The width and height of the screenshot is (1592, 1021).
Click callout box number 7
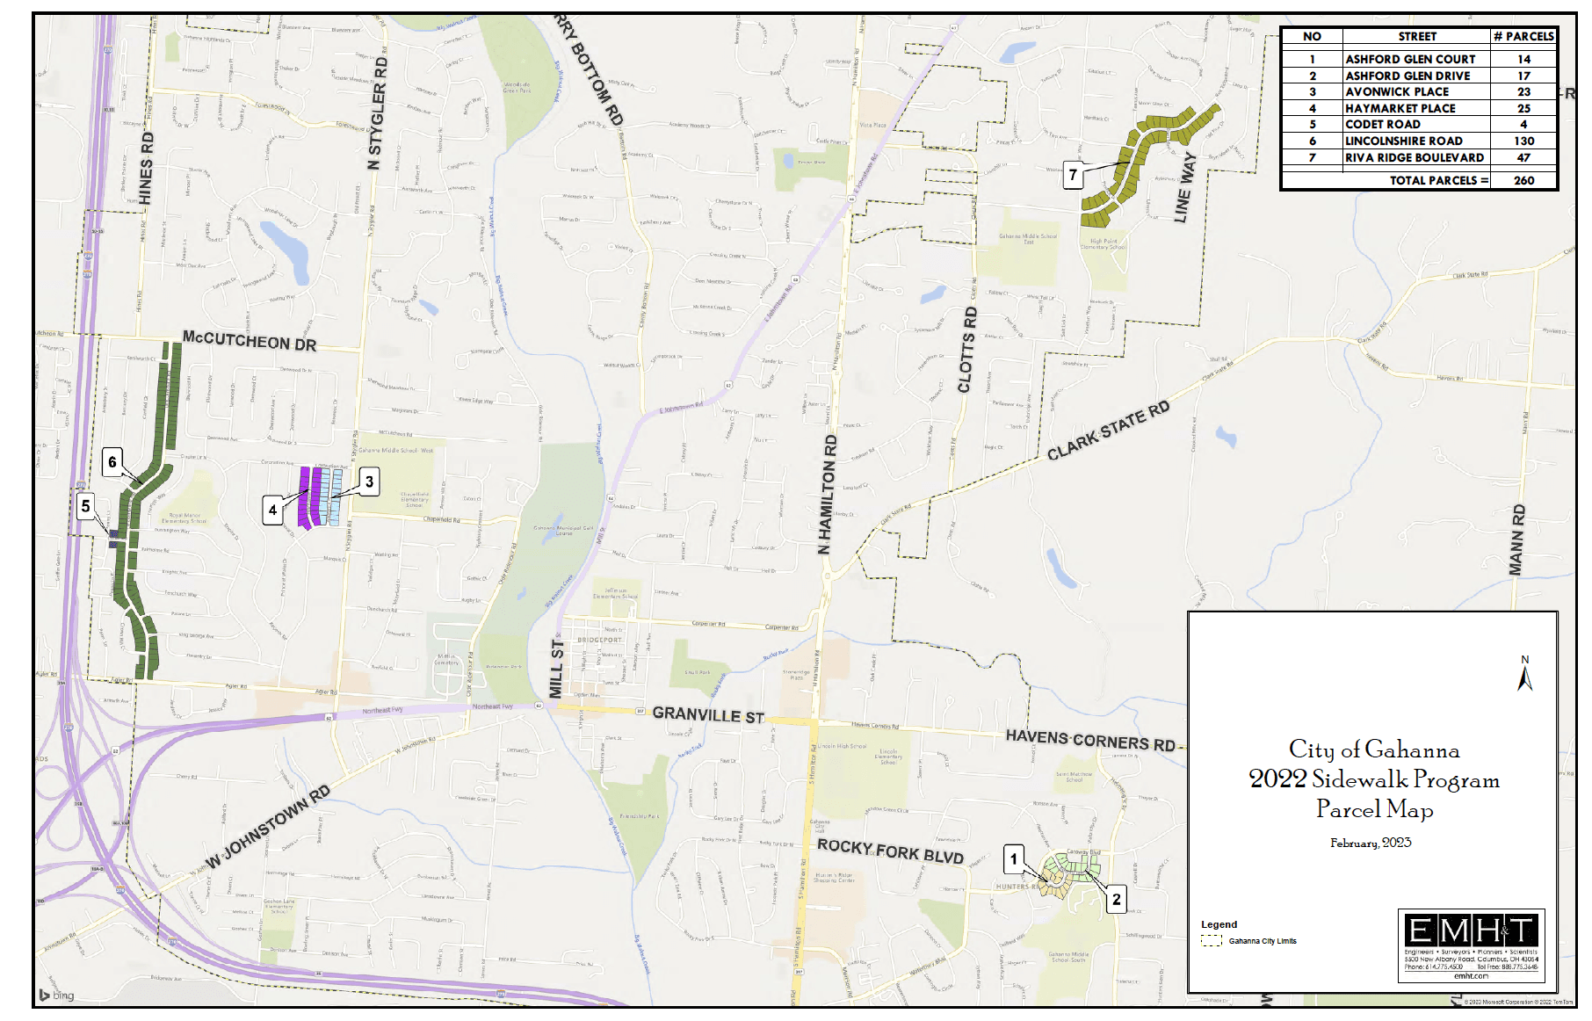(1073, 175)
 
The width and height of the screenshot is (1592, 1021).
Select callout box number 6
(112, 462)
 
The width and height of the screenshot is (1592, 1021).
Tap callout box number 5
(85, 506)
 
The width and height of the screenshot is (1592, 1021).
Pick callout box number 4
(273, 510)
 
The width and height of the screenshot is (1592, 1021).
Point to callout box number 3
(369, 482)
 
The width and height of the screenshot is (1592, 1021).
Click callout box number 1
(1014, 859)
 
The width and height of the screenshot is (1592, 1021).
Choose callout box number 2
(1116, 899)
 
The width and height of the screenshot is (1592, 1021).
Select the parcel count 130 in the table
(1523, 141)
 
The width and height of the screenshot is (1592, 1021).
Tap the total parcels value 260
(1523, 180)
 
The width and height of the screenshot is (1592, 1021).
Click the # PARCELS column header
(1523, 36)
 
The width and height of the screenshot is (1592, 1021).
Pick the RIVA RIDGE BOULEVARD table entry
(1415, 157)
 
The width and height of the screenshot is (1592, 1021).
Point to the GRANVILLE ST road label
(708, 715)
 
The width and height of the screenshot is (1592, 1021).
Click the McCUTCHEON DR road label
(250, 341)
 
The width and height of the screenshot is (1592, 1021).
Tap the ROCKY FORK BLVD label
(890, 851)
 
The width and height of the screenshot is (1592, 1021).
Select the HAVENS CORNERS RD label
(1090, 741)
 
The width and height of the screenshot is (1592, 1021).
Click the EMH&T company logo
(1471, 930)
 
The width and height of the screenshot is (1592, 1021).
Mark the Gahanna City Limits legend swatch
(1212, 941)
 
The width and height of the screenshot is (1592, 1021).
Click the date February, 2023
(1371, 843)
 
